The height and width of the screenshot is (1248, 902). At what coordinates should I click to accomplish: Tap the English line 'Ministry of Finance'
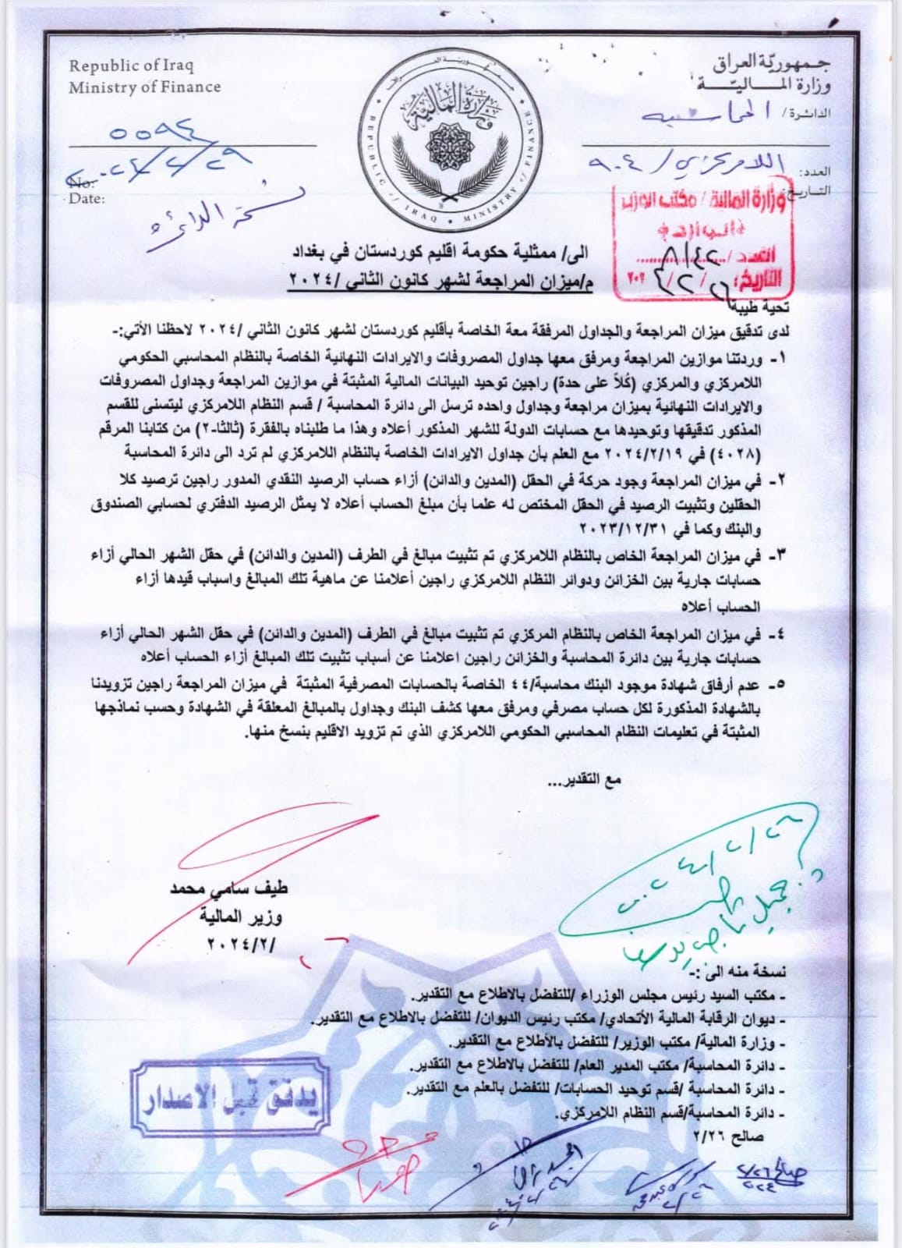[x=144, y=87]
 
